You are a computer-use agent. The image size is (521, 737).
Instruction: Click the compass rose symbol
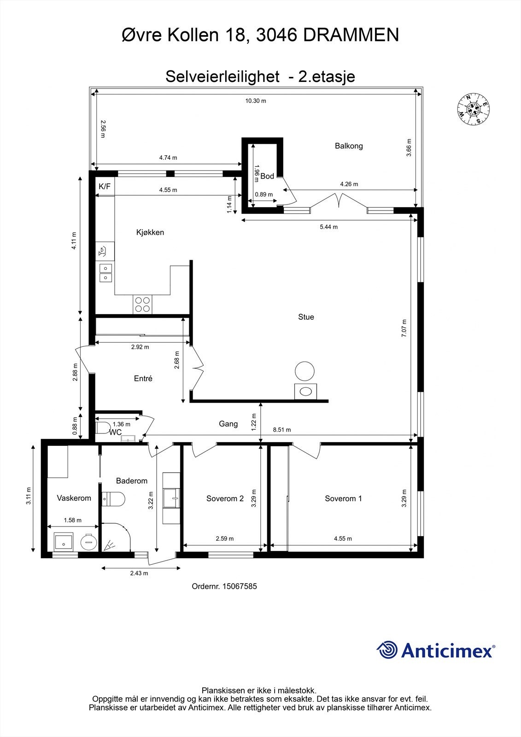point(473,109)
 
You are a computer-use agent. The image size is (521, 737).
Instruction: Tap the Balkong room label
point(349,146)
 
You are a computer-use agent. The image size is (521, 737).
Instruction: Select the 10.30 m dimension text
point(256,101)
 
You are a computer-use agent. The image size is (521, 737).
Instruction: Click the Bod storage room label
point(267,176)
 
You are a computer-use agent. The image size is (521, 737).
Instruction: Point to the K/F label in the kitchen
point(105,187)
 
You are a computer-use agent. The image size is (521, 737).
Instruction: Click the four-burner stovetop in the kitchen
point(142,304)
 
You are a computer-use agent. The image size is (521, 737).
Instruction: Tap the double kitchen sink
point(105,273)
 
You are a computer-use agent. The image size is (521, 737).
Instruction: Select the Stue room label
point(306,317)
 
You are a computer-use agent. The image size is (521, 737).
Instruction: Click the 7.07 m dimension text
point(404,328)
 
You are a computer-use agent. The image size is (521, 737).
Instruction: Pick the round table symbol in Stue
point(305,371)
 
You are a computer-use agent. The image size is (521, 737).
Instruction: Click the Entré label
point(143,379)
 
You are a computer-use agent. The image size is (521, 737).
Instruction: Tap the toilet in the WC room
point(102,427)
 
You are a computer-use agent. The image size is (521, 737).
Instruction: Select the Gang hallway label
point(228,424)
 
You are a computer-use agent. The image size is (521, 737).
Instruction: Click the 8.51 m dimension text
point(282,430)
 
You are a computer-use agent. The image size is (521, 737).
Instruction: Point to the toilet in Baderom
point(113,499)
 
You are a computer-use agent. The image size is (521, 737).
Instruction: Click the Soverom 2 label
point(225,498)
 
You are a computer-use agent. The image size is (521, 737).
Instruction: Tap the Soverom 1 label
point(343,498)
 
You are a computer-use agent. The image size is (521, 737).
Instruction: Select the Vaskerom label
point(74,498)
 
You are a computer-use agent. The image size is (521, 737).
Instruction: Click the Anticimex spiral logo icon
point(387,650)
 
